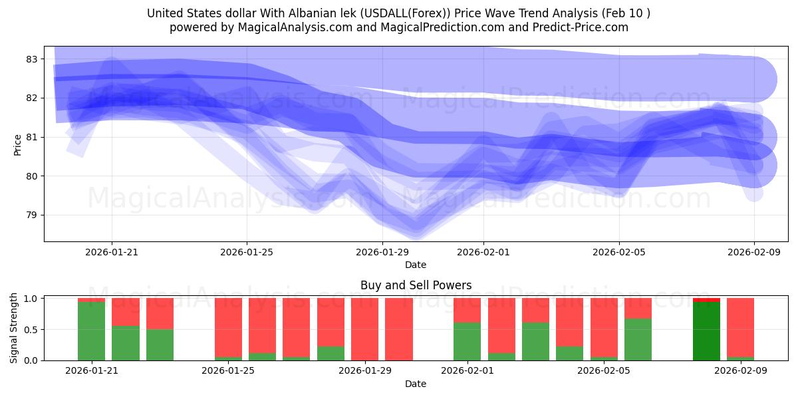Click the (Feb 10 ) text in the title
pos(628,13)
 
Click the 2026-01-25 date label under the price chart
pos(247,252)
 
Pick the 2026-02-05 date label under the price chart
pos(619,252)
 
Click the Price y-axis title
pos(18,144)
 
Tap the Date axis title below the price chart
pos(416,265)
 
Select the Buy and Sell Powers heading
pos(416,285)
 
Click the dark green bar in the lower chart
pos(706,331)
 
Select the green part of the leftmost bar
pos(91,331)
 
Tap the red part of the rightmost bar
pos(740,327)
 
